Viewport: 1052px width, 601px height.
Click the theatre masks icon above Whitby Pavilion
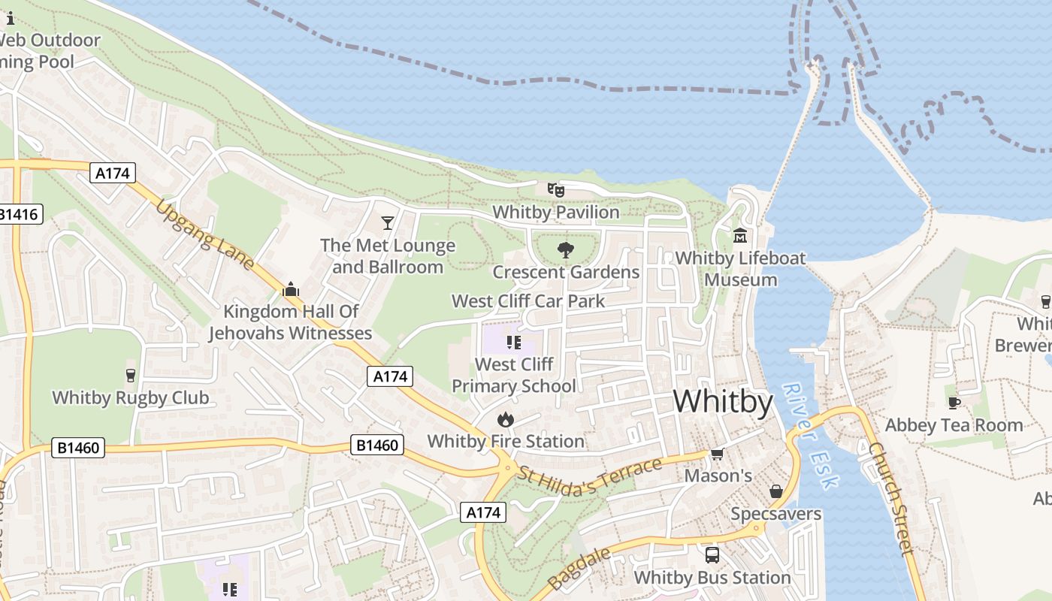[x=555, y=190]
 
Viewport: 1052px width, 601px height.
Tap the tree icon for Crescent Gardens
[x=566, y=250]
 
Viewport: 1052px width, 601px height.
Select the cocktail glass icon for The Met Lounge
[x=388, y=222]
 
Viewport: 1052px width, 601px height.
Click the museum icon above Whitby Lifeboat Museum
[x=740, y=236]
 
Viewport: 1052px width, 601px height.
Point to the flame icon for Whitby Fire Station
[x=506, y=419]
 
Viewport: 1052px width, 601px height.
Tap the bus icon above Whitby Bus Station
[x=712, y=555]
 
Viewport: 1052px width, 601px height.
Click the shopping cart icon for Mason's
[x=717, y=454]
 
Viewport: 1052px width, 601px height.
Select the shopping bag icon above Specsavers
[x=775, y=491]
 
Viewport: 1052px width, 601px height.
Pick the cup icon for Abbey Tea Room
[x=954, y=403]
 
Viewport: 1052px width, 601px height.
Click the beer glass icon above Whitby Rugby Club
[x=131, y=375]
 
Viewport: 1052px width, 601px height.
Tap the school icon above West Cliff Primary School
[x=514, y=343]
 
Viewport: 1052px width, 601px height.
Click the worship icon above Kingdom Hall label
[x=291, y=289]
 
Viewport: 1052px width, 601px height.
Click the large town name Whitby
[x=722, y=402]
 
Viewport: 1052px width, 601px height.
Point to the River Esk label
[x=809, y=436]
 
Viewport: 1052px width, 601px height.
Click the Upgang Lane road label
[x=205, y=234]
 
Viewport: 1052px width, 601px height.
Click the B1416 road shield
[x=18, y=215]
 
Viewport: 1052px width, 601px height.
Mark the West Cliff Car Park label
[x=528, y=301]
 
